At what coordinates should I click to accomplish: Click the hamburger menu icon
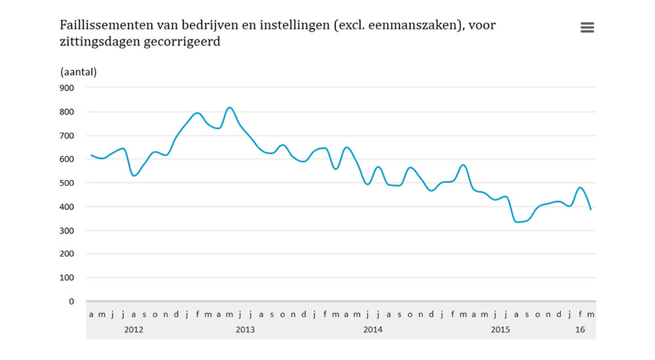pyautogui.click(x=587, y=27)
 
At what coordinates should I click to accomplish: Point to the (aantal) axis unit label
pyautogui.click(x=78, y=71)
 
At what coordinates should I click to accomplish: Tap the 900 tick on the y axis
pyautogui.click(x=67, y=88)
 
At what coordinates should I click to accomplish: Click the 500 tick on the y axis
pyautogui.click(x=67, y=183)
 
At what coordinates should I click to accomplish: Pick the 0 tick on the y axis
pyautogui.click(x=71, y=302)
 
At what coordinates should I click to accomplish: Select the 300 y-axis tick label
pyautogui.click(x=67, y=230)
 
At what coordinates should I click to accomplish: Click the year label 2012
pyautogui.click(x=134, y=329)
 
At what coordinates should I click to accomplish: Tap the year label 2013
pyautogui.click(x=245, y=329)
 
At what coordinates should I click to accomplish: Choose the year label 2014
pyautogui.click(x=373, y=329)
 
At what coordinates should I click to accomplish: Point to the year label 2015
pyautogui.click(x=500, y=329)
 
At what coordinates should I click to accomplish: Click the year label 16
pyautogui.click(x=580, y=329)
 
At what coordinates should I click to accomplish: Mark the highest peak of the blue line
pyautogui.click(x=229, y=107)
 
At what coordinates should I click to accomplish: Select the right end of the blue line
pyautogui.click(x=591, y=209)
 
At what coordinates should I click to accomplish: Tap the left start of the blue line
pyautogui.click(x=91, y=155)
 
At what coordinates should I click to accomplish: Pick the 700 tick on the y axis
pyautogui.click(x=67, y=135)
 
